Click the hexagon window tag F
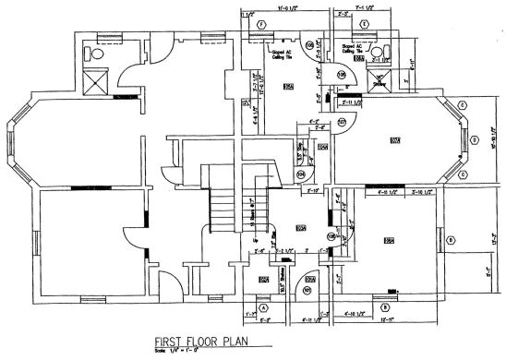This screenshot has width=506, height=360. click(x=262, y=23)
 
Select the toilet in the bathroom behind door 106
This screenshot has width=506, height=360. click(x=378, y=50)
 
